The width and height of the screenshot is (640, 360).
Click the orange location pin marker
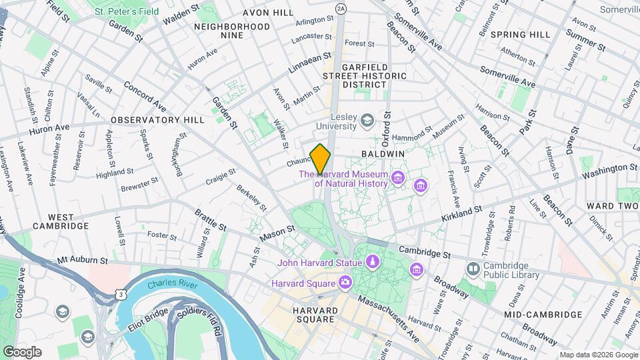321,159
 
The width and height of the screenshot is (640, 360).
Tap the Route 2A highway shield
341,8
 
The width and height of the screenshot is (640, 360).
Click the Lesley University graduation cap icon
367,120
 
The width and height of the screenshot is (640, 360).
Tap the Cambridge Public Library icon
473,269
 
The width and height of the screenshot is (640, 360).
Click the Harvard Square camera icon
345,283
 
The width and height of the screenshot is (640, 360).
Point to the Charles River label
171,284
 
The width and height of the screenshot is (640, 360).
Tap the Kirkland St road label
462,215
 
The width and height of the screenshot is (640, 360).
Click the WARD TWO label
612,206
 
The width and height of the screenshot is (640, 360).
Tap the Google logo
22,351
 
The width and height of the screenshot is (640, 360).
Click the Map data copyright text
598,355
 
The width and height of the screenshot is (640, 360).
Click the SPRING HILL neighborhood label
520,34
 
